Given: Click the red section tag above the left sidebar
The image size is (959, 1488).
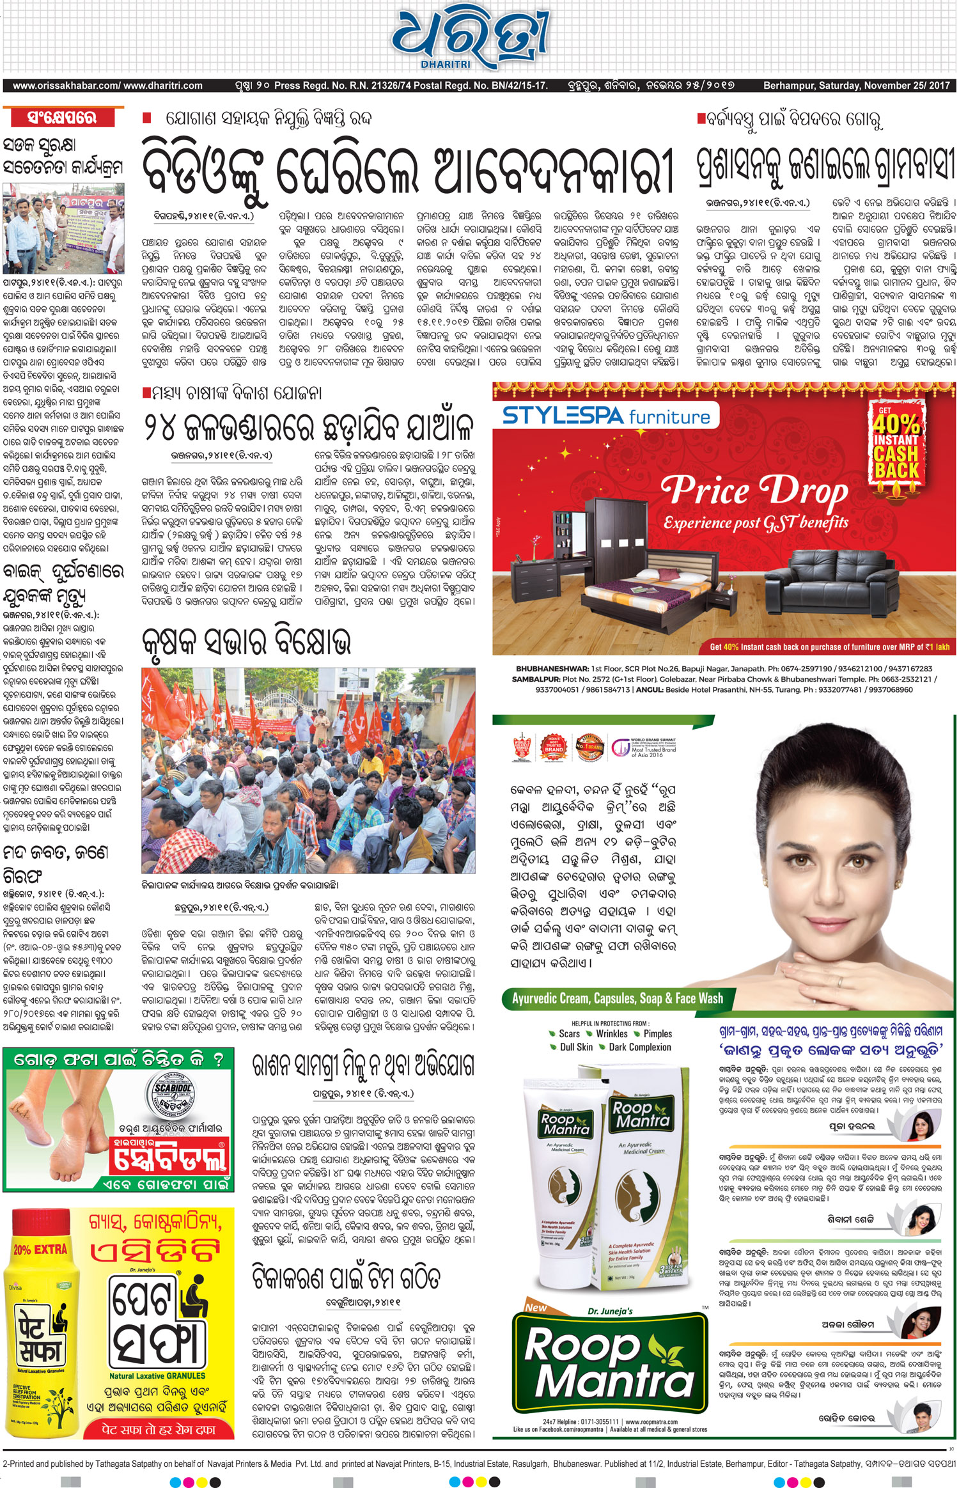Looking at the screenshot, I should pyautogui.click(x=62, y=118).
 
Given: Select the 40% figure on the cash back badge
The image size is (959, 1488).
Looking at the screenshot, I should pyautogui.click(x=896, y=424).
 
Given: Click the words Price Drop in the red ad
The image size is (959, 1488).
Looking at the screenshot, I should pyautogui.click(x=754, y=491).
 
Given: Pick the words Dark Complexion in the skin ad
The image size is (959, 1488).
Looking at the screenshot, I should pyautogui.click(x=640, y=1047).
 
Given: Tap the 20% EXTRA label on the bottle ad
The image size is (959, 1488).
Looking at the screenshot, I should pyautogui.click(x=40, y=1248).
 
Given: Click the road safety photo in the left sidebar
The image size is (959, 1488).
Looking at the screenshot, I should pyautogui.click(x=63, y=228).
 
